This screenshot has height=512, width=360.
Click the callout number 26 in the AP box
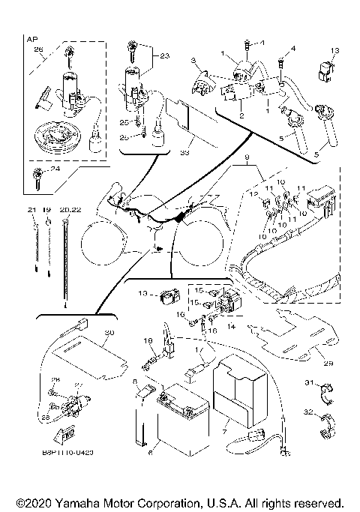[x=39, y=49]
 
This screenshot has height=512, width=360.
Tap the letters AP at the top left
[x=31, y=37]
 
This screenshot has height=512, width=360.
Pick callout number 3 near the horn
[x=193, y=60]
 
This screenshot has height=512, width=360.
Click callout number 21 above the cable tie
[x=31, y=210]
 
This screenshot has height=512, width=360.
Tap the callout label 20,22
[x=70, y=210]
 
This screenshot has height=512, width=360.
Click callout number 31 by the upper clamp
[x=307, y=383]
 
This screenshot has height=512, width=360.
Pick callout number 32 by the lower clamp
[x=307, y=412]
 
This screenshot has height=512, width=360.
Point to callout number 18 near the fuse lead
[x=148, y=340]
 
